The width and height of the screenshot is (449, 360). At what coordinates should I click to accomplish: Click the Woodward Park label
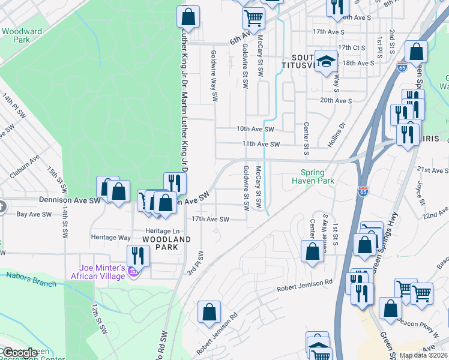click(x=21, y=35)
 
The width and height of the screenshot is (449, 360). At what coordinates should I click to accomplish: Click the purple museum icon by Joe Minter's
click(x=133, y=274)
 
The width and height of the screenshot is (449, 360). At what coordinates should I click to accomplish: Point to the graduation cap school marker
click(x=327, y=61)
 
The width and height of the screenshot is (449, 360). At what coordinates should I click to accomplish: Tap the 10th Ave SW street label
click(x=255, y=129)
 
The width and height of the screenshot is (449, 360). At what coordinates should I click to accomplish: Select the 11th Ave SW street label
click(x=261, y=145)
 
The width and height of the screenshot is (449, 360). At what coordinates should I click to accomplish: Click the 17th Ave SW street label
click(x=210, y=220)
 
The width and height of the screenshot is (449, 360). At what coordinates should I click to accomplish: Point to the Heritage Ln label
click(x=162, y=231)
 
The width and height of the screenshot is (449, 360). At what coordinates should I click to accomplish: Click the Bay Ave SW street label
click(x=33, y=214)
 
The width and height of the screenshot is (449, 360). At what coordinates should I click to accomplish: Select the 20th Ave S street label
click(x=336, y=101)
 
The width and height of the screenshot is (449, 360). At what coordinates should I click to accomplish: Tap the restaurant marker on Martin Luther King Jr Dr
click(x=173, y=182)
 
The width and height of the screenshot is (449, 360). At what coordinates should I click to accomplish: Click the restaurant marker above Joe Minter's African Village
click(x=139, y=256)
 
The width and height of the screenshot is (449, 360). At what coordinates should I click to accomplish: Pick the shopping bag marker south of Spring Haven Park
click(x=312, y=250)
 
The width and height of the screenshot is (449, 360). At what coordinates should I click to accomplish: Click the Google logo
click(x=20, y=353)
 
